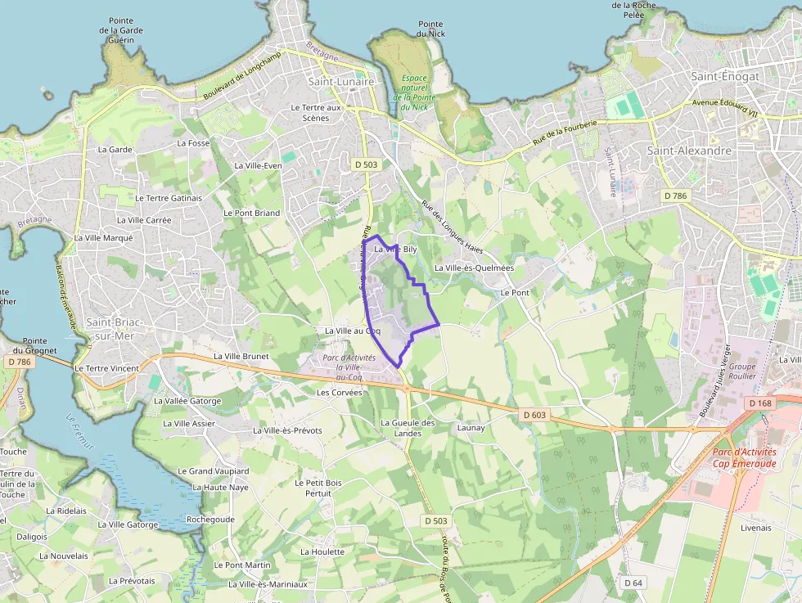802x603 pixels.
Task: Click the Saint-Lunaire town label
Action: click(340, 82)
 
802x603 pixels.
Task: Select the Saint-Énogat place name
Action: click(725, 76)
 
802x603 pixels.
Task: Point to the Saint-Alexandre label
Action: click(689, 151)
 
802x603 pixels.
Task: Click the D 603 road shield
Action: click(534, 416)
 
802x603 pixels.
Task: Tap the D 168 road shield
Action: click(760, 403)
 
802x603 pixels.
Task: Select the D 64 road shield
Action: click(633, 583)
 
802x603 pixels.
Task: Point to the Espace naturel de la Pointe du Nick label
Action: click(415, 92)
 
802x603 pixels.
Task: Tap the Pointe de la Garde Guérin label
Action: click(121, 30)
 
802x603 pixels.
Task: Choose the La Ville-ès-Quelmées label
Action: click(475, 268)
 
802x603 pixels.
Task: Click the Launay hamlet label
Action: click(471, 428)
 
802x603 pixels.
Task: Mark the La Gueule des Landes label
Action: click(408, 428)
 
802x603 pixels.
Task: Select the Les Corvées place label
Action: click(339, 393)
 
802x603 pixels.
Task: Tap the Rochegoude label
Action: click(210, 520)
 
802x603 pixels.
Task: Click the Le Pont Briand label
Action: click(251, 213)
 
